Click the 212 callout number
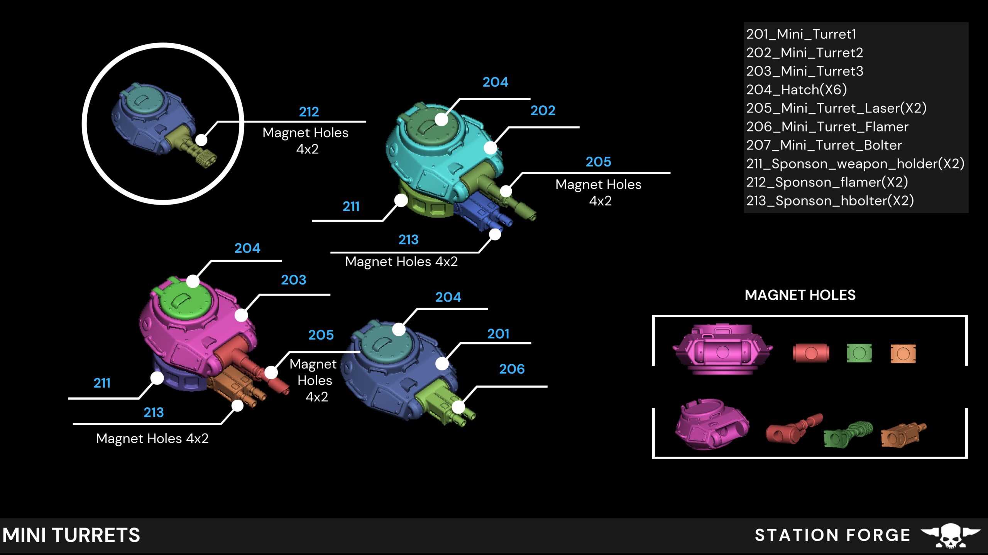tap(309, 112)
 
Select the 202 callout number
tap(543, 111)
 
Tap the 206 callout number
tap(512, 369)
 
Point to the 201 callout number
tap(498, 334)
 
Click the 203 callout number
tap(293, 280)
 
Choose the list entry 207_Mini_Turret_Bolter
tap(824, 145)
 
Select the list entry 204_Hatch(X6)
tap(796, 90)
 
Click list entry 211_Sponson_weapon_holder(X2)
tap(855, 164)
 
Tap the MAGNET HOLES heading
tap(800, 295)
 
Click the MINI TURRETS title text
tap(71, 535)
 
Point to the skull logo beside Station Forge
tap(950, 535)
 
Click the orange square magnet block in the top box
tap(903, 353)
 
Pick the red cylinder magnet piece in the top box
tap(810, 353)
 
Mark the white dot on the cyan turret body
tap(490, 148)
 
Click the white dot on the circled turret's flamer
tap(201, 140)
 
